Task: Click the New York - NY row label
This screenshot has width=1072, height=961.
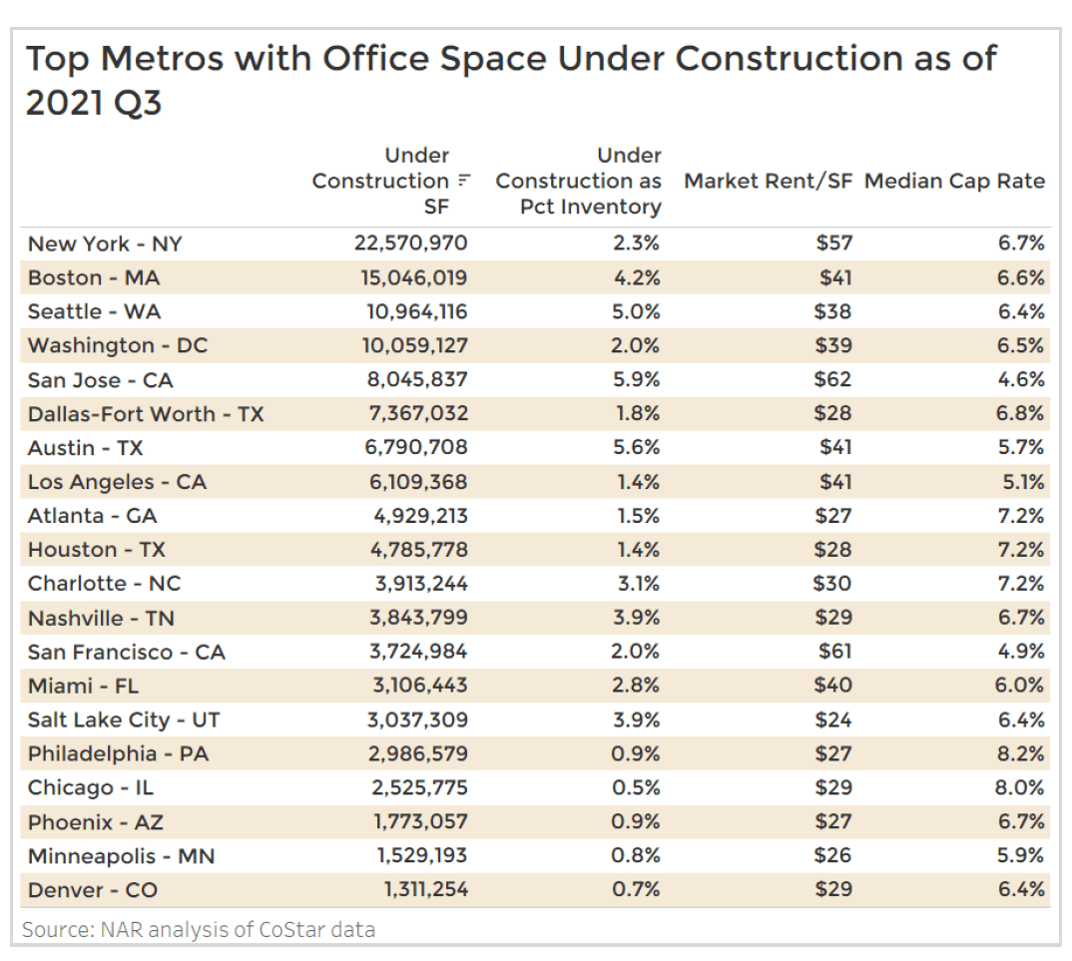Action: pos(105,243)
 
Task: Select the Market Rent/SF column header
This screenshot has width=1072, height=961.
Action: pos(768,182)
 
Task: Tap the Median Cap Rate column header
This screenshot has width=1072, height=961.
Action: pos(954,182)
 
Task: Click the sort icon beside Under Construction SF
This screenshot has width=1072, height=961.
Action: pos(463,182)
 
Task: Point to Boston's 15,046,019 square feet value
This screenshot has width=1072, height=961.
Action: pos(414,277)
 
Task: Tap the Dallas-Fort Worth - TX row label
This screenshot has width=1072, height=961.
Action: pos(146,414)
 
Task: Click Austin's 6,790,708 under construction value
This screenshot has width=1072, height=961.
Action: pos(417,448)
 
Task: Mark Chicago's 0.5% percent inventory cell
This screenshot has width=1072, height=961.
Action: pos(636,787)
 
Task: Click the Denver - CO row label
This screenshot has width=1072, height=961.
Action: pos(93,890)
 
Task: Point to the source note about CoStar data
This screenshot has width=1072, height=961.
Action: pos(199,930)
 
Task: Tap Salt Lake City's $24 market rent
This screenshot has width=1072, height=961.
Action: pos(832,720)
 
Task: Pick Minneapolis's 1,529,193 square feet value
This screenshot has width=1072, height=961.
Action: pos(418,856)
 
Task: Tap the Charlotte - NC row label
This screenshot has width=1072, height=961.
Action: pos(105,584)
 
